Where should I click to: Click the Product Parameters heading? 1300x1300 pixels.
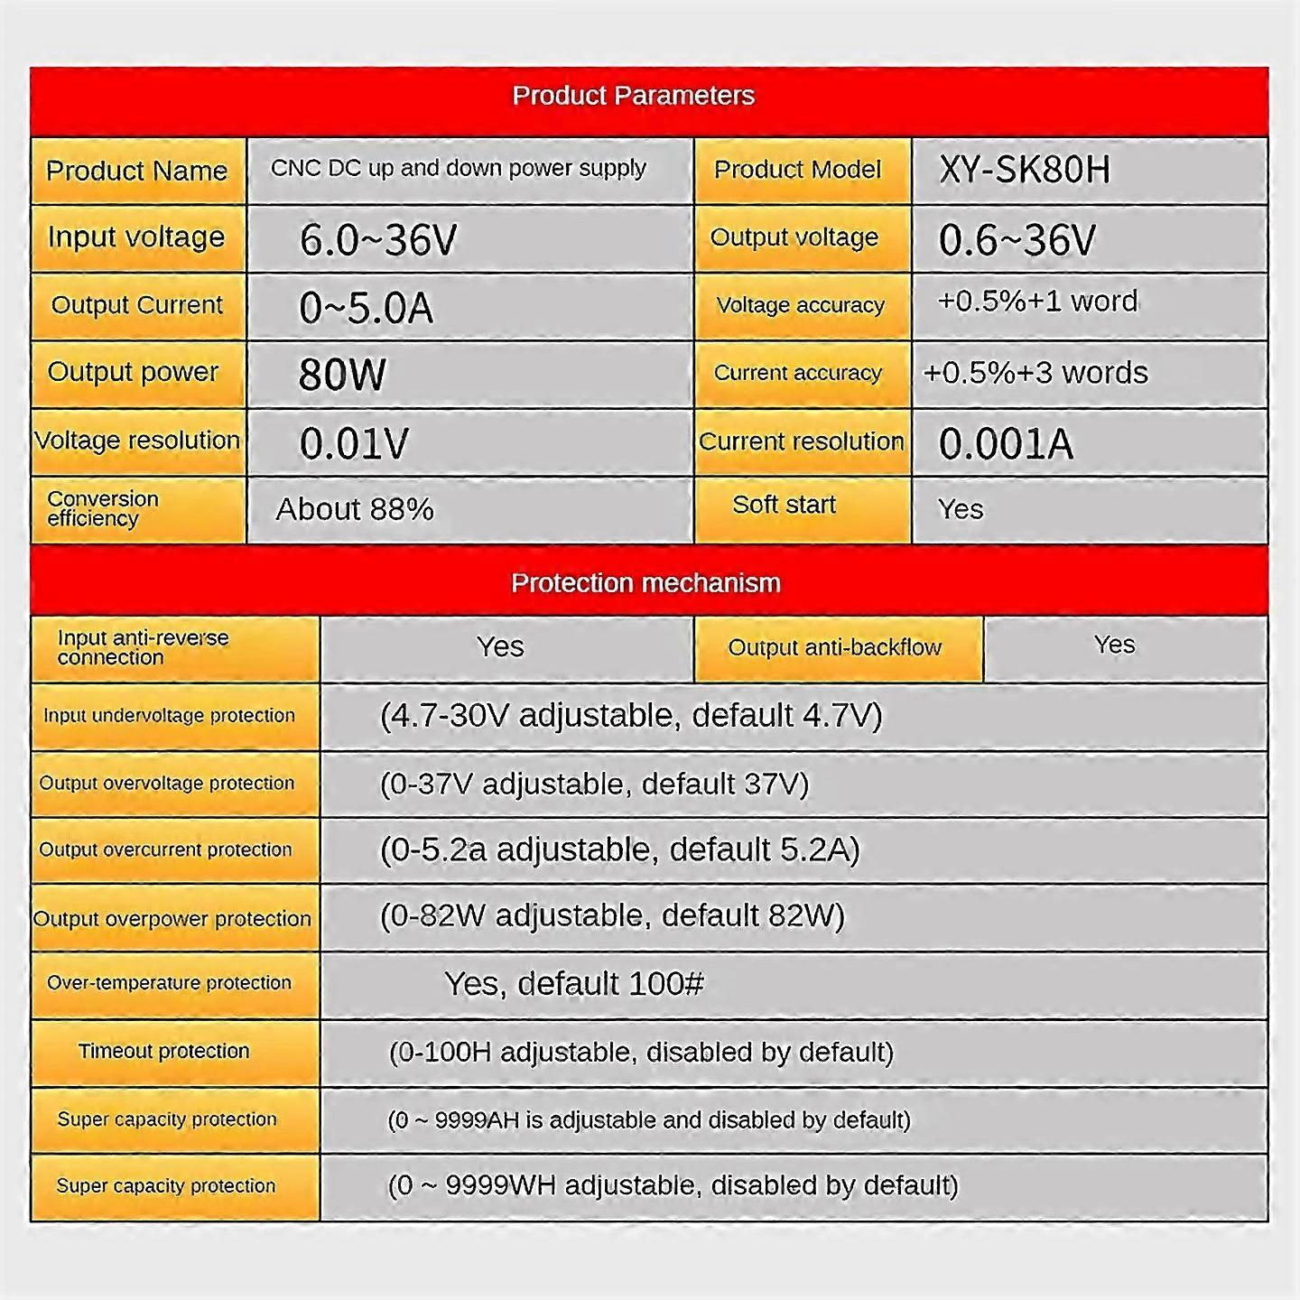tap(633, 96)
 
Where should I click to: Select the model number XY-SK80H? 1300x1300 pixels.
tap(1024, 170)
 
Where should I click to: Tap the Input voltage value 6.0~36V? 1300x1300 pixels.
tap(378, 240)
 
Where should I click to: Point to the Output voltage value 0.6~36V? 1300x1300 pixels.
tap(1017, 240)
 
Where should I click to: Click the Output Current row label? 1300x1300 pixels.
tap(136, 305)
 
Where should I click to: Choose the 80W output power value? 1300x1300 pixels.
tap(342, 374)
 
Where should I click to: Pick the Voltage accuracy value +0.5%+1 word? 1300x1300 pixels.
tap(1037, 302)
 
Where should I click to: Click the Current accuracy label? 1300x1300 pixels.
tap(797, 373)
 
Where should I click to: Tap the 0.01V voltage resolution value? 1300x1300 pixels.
tap(354, 443)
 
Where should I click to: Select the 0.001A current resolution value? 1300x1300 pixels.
tap(1006, 443)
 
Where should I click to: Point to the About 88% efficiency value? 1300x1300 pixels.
tap(355, 509)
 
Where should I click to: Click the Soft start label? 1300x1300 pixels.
tap(784, 505)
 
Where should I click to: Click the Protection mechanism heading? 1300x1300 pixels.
tap(645, 583)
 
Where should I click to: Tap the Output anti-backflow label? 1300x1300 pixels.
tap(834, 647)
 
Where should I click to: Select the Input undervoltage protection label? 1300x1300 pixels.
tap(169, 716)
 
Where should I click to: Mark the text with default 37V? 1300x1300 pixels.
tap(594, 784)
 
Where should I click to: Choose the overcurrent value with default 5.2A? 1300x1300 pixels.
tap(619, 850)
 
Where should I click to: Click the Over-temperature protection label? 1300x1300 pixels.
tap(169, 983)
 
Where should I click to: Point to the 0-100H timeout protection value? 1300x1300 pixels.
tap(641, 1053)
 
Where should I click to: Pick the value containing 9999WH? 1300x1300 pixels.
tap(673, 1185)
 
